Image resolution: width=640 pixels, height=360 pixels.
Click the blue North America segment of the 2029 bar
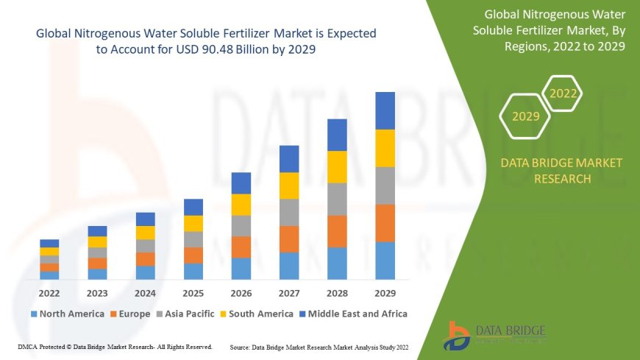pyautogui.click(x=385, y=261)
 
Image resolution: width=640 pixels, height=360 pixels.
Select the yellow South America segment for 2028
pyautogui.click(x=337, y=167)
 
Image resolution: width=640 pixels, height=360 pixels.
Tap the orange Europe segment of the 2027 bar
pyautogui.click(x=289, y=239)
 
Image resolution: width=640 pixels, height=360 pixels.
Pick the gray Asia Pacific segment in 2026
pyautogui.click(x=241, y=225)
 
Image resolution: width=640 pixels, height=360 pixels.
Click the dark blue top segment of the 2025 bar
pyautogui.click(x=193, y=207)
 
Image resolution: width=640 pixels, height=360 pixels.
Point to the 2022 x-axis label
pyautogui.click(x=50, y=292)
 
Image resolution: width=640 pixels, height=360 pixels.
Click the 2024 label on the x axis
pyautogui.click(x=146, y=292)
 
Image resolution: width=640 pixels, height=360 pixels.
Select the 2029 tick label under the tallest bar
pyautogui.click(x=385, y=292)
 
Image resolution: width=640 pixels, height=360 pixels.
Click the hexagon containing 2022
pyautogui.click(x=563, y=94)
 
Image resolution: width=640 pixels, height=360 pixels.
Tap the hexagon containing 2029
pyautogui.click(x=525, y=116)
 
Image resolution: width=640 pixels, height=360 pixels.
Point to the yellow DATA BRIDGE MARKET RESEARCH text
pyautogui.click(x=561, y=171)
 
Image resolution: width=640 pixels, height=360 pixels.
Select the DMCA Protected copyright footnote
pyautogui.click(x=115, y=346)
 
